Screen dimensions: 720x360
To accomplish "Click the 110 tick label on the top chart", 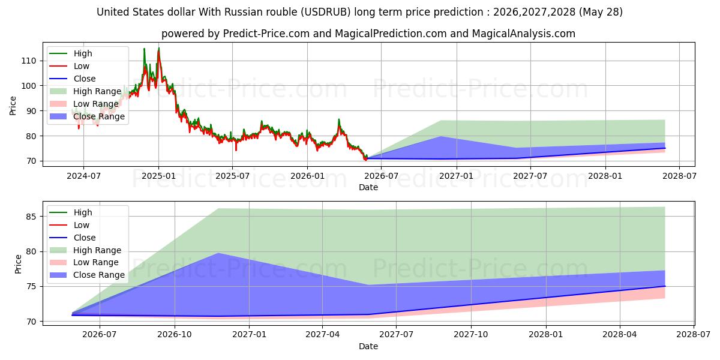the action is (28, 61).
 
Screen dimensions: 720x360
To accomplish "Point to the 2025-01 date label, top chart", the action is (158, 176).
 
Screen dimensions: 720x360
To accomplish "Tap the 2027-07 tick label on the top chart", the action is (530, 176).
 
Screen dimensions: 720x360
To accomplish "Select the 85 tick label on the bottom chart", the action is (31, 217).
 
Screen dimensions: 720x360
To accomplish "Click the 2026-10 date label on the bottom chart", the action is (175, 335).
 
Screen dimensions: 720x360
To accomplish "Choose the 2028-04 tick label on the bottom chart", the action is (620, 335).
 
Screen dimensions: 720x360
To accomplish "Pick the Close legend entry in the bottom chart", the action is (73, 238).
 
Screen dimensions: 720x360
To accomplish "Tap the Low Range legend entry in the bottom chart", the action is (84, 262).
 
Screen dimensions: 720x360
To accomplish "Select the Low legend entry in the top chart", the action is (70, 66).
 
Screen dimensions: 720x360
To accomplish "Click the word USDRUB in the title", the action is (326, 12).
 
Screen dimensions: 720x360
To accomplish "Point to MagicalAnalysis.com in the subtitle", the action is (524, 34).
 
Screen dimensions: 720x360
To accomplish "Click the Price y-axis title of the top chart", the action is (13, 106).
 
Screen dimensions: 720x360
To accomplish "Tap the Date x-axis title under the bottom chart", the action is (368, 346).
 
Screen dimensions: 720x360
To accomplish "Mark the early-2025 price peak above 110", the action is (159, 48).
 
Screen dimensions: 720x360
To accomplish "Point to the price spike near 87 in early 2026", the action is (339, 119).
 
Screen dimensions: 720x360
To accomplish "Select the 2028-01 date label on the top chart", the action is (605, 176).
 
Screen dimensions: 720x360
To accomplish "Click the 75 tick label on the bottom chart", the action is (31, 286).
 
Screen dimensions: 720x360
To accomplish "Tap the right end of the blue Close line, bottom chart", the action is (665, 286).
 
